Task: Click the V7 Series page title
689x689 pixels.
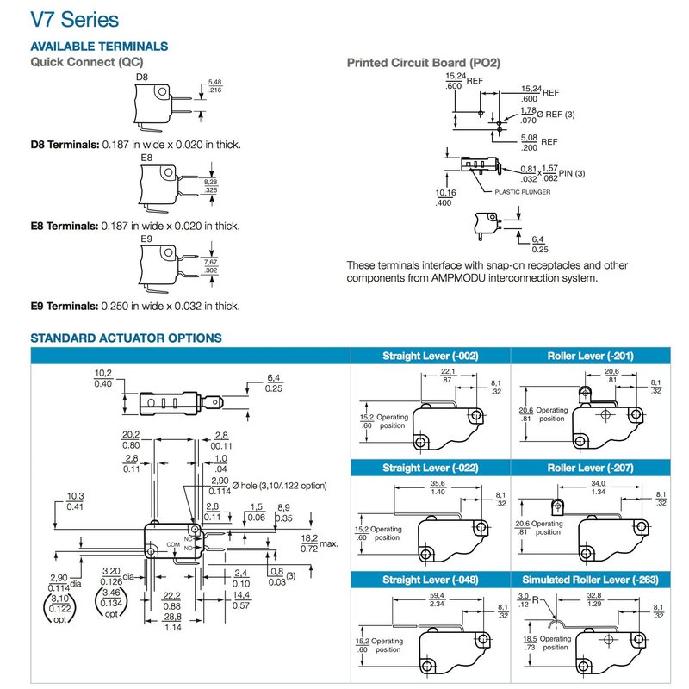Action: click(75, 19)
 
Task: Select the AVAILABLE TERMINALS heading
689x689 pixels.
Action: click(99, 46)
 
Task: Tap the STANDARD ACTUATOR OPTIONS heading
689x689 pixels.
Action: click(126, 338)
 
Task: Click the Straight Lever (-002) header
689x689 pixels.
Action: click(430, 356)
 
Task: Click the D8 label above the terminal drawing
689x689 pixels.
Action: click(143, 78)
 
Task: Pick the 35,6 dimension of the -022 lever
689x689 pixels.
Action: click(438, 484)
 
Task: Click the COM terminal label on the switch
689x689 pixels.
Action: click(173, 544)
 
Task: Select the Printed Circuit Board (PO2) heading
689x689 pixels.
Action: click(423, 63)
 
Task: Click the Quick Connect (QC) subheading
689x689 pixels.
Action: click(86, 62)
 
